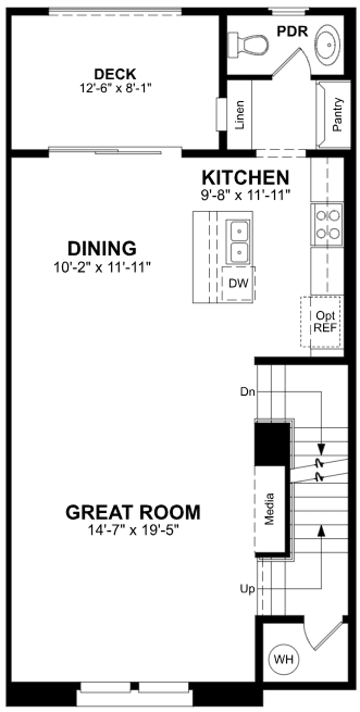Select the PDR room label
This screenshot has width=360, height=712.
pos(292,32)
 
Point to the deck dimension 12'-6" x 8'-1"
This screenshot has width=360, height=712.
pos(115,88)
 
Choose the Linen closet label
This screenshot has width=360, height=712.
pos(240,115)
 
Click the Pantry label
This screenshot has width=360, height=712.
pos(338,115)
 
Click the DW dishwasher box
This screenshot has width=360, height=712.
pos(238,284)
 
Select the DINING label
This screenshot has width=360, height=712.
pos(102,248)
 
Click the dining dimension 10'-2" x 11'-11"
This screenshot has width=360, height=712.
pos(102,268)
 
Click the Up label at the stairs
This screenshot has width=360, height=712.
pos(247,589)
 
